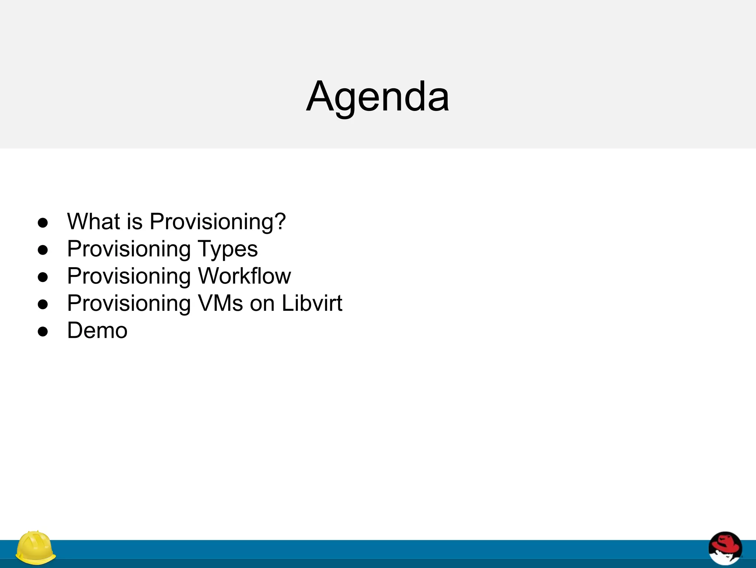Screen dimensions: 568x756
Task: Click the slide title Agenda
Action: pos(378,97)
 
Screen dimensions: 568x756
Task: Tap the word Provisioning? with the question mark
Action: pos(217,222)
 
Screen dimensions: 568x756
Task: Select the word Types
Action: pos(228,249)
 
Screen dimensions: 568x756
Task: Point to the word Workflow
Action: pos(244,276)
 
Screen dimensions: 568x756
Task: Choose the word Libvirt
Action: pos(312,303)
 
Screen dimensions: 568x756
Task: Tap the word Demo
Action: pos(97,330)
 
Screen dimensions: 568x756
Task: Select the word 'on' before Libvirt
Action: pos(262,303)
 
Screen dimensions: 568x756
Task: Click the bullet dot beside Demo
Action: pos(43,331)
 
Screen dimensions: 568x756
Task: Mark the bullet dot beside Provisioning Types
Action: pos(43,250)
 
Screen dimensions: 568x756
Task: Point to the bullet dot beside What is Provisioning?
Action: pos(43,222)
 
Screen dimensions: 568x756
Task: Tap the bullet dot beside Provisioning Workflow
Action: pos(43,277)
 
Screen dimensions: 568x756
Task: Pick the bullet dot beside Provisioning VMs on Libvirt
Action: pos(43,304)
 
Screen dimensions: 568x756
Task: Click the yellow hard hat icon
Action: pos(35,548)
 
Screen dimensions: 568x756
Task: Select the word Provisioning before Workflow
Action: pos(129,277)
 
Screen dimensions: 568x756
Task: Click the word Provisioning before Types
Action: pos(129,249)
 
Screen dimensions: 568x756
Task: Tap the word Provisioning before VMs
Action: pos(129,304)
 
